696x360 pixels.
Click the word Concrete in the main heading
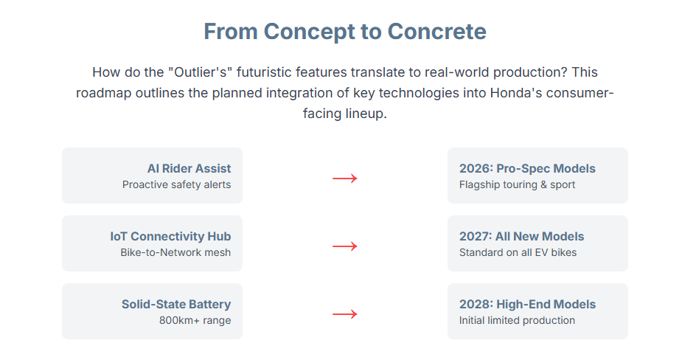pyautogui.click(x=436, y=32)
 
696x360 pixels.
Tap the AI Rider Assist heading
pyautogui.click(x=189, y=169)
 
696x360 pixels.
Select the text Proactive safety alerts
pyautogui.click(x=177, y=184)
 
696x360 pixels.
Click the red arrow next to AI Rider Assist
pyautogui.click(x=345, y=179)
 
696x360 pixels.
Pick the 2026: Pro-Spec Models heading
pyautogui.click(x=527, y=169)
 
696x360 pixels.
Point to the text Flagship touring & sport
pyautogui.click(x=517, y=184)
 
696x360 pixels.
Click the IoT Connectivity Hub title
pyautogui.click(x=170, y=237)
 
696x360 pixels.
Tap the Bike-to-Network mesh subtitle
pyautogui.click(x=175, y=252)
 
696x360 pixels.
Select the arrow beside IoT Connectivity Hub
pyautogui.click(x=345, y=246)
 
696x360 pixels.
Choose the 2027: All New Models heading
pyautogui.click(x=521, y=237)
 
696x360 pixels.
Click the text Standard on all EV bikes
pyautogui.click(x=518, y=252)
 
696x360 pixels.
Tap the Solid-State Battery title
pyautogui.click(x=176, y=305)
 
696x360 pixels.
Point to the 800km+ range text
pyautogui.click(x=195, y=320)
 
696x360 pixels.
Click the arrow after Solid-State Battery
pyautogui.click(x=345, y=314)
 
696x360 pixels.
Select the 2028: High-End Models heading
pyautogui.click(x=527, y=305)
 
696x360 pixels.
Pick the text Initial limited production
pyautogui.click(x=517, y=320)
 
